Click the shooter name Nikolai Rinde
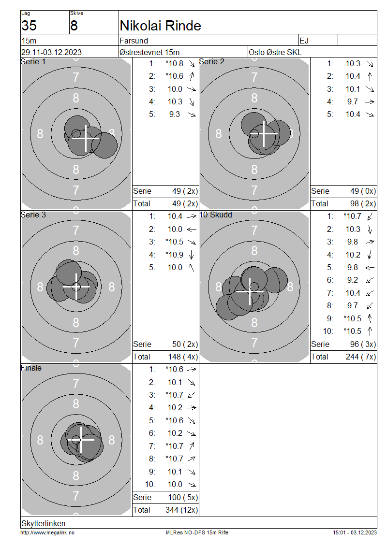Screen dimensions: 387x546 (160, 26)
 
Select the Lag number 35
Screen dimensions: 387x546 (29, 26)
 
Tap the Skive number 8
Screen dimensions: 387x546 (74, 26)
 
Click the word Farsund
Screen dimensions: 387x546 (134, 41)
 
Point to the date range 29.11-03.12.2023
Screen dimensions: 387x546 (51, 52)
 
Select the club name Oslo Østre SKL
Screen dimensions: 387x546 (275, 52)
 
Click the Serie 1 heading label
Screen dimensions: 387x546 (33, 62)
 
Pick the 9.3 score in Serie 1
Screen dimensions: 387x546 (174, 114)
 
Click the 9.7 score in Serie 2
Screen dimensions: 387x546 (353, 101)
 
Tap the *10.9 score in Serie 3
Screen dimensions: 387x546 (174, 255)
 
